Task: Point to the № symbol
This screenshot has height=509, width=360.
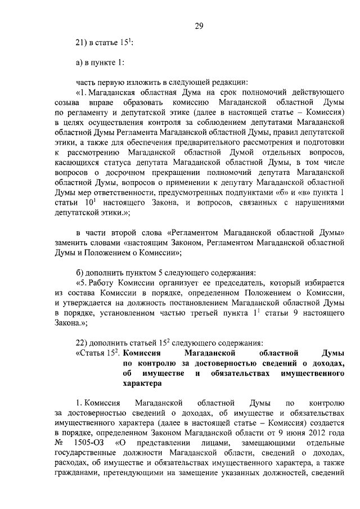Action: [58, 443]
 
